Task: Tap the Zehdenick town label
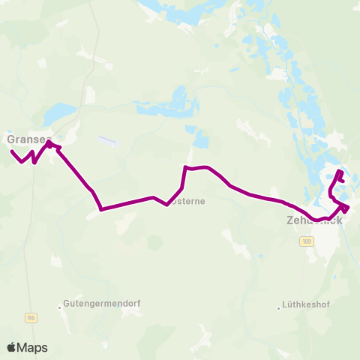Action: (x=314, y=221)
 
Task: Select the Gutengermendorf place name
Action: (x=103, y=304)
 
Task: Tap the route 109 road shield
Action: (x=306, y=241)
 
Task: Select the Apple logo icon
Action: (x=12, y=347)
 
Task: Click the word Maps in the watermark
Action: (x=33, y=347)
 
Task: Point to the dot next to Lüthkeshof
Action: (x=278, y=306)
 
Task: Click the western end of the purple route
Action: (x=12, y=151)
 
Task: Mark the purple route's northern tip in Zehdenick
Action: (x=340, y=172)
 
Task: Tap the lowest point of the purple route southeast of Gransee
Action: (x=100, y=209)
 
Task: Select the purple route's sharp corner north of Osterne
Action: (x=185, y=168)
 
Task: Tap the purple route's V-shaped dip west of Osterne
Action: (x=167, y=204)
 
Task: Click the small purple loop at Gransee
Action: (x=51, y=143)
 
